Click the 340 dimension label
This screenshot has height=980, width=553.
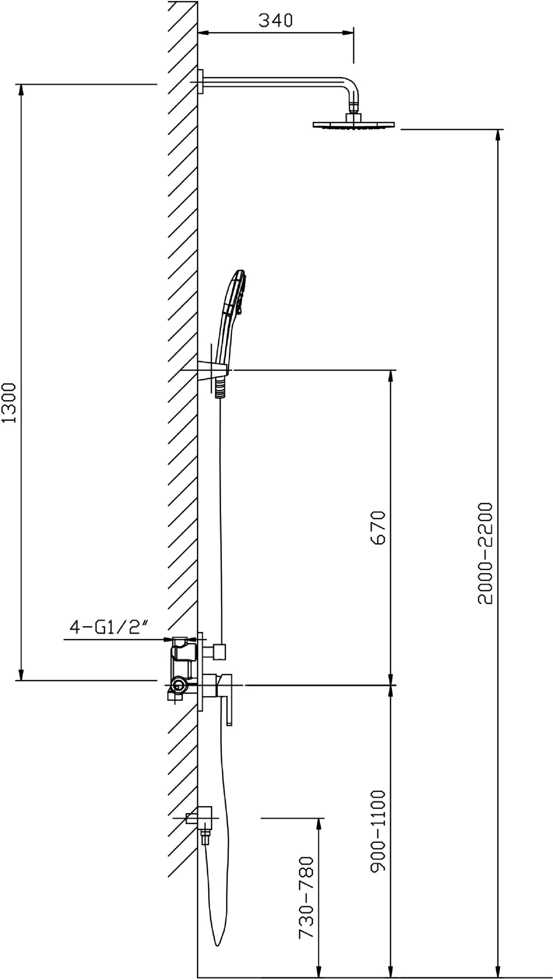point(275,20)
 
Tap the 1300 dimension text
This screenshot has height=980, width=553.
point(10,403)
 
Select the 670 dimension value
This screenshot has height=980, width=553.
point(379,528)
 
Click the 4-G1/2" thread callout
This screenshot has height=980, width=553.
point(110,628)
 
